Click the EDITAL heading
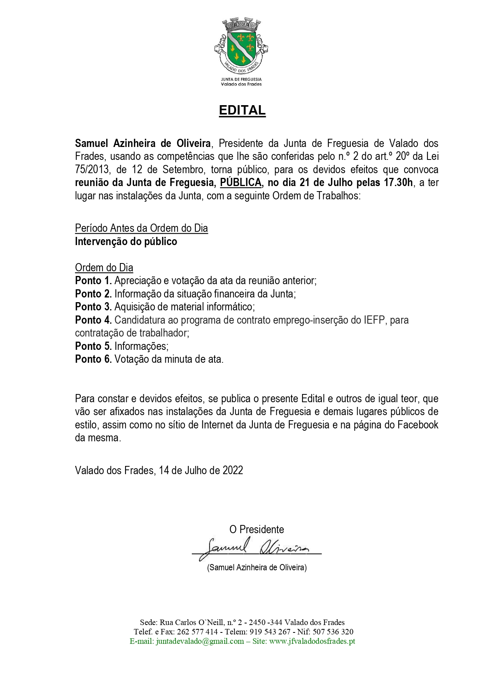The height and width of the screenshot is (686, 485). click(x=242, y=110)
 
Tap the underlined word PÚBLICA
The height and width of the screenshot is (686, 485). click(x=241, y=183)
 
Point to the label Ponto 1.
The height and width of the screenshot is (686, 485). click(x=93, y=281)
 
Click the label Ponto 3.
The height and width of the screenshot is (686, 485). click(x=93, y=307)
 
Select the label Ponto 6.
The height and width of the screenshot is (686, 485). click(x=93, y=359)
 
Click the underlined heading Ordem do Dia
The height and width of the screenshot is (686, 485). click(x=104, y=268)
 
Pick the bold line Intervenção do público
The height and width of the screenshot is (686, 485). click(x=126, y=242)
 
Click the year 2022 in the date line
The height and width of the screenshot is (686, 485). click(x=233, y=470)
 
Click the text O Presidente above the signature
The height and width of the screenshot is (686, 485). click(x=256, y=530)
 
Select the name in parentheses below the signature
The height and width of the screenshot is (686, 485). click(x=257, y=568)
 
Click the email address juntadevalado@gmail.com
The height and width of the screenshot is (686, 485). click(x=200, y=641)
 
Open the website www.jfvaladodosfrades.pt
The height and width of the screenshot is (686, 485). click(x=312, y=641)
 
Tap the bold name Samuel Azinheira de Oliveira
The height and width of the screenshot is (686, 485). click(x=143, y=143)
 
